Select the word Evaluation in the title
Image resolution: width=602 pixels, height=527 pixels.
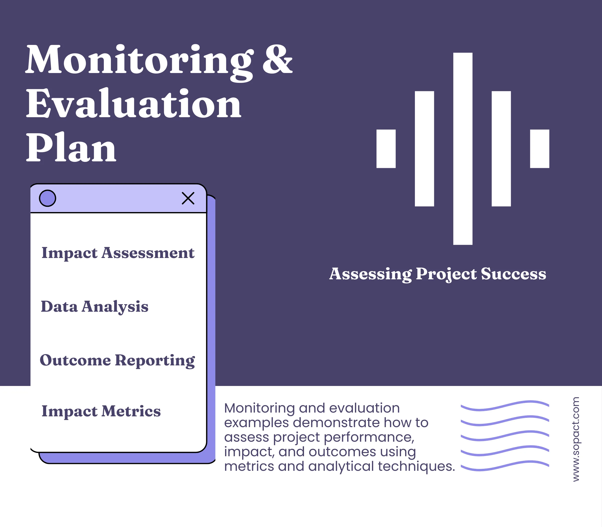coord(134,104)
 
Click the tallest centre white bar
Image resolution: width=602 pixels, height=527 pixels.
coord(463,149)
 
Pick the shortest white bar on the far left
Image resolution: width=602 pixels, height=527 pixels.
coord(386,149)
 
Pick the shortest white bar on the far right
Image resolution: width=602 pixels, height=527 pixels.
coord(539,149)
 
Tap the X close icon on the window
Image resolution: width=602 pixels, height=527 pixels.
coord(188,198)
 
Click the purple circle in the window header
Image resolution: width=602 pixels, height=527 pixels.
coord(48,198)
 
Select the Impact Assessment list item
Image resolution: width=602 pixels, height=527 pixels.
coord(118,253)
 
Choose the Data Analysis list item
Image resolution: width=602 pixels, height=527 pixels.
coord(95,307)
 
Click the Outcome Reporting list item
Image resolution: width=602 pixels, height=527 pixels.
coord(117,361)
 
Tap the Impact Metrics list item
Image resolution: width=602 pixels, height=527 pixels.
coord(101,411)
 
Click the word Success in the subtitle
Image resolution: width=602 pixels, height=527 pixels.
coord(513,274)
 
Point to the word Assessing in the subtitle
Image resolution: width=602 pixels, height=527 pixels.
coord(370,274)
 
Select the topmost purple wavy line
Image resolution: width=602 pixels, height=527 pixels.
coord(505,405)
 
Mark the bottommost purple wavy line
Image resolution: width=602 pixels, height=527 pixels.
coord(505,466)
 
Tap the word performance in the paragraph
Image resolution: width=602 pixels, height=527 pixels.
coord(369,437)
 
